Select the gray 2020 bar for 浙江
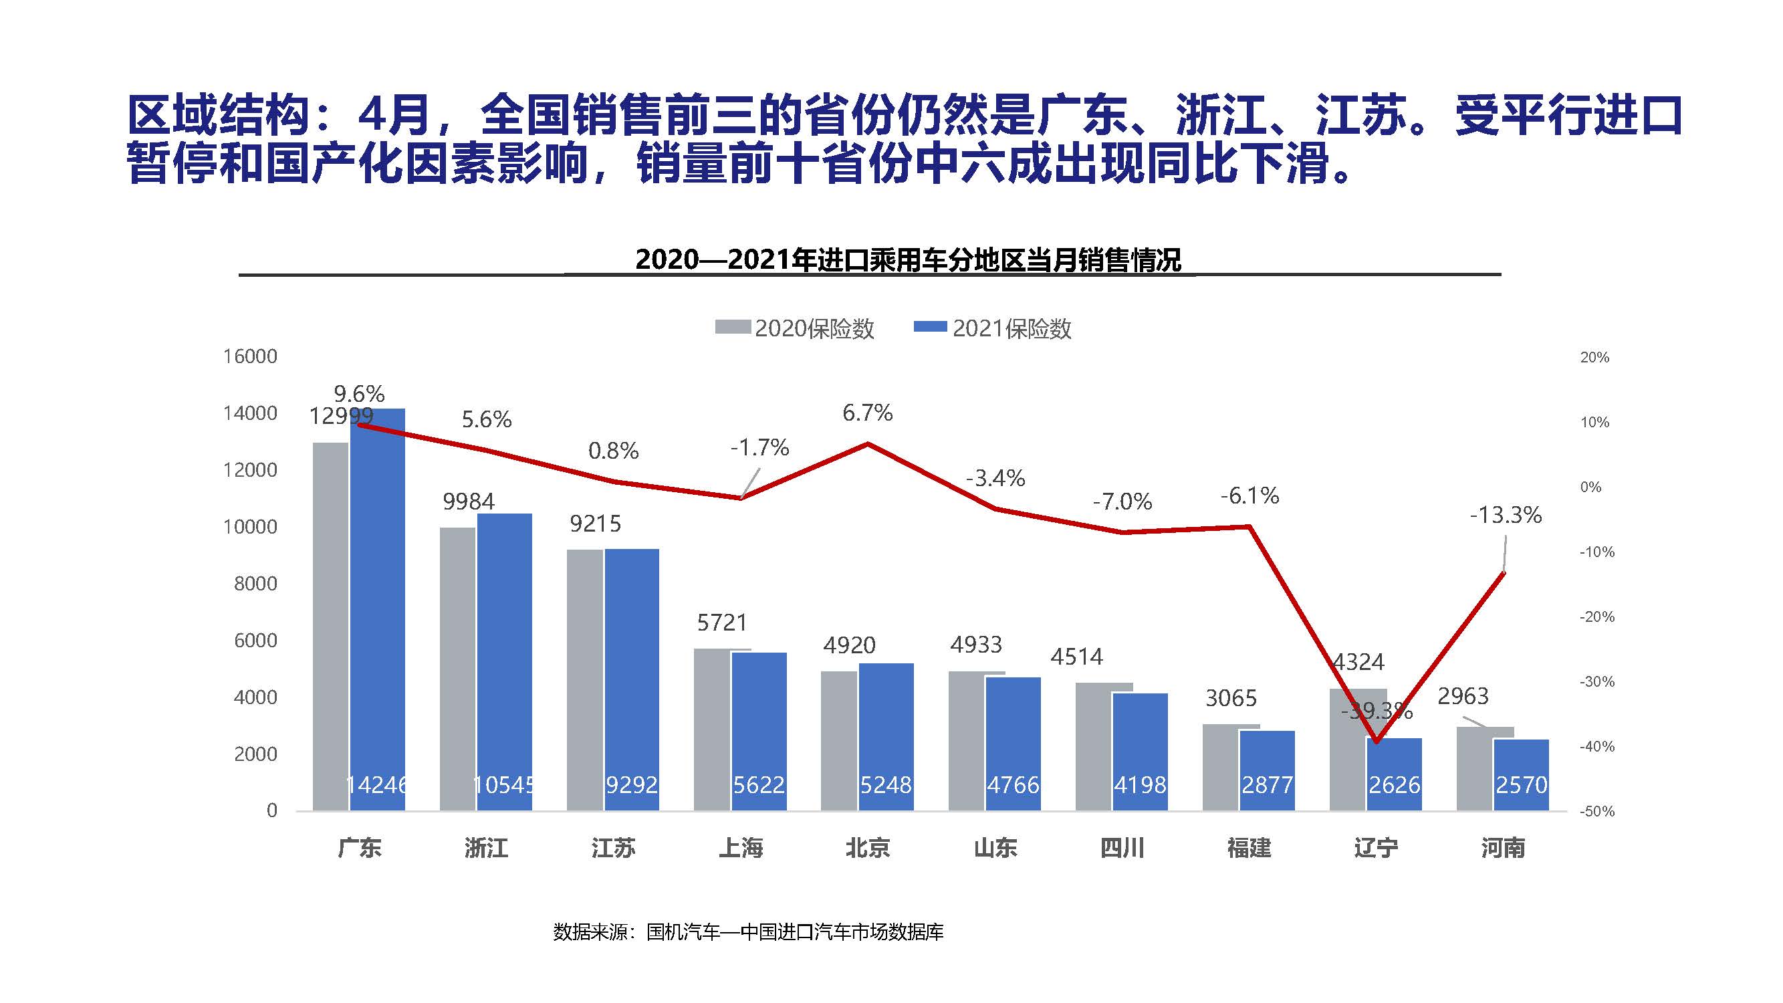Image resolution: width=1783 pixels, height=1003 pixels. (457, 668)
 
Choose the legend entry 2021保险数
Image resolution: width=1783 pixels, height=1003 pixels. (993, 328)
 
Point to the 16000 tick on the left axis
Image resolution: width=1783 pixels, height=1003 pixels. (249, 356)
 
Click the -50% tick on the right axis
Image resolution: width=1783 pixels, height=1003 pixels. (1596, 811)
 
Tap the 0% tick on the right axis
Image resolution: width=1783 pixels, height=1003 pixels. (1590, 487)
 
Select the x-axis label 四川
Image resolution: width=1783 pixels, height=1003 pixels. (1122, 848)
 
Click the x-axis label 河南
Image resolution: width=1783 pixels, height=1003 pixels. (1503, 848)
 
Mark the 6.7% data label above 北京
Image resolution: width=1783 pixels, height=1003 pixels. (867, 413)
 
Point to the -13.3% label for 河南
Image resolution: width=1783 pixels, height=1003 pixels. (1506, 515)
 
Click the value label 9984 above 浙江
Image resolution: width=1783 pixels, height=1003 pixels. (469, 501)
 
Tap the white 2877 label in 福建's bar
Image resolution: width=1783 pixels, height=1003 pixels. (1267, 785)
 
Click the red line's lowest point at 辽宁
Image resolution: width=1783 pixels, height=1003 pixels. (1376, 742)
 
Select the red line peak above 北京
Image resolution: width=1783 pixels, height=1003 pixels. (868, 444)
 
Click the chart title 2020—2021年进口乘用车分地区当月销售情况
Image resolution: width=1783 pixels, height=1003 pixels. (907, 259)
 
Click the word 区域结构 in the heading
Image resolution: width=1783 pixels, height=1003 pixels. (218, 115)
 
